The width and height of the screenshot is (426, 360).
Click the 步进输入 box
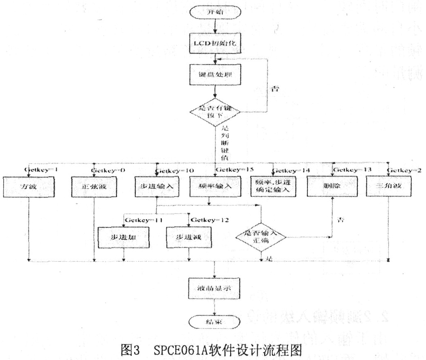pyautogui.click(x=157, y=187)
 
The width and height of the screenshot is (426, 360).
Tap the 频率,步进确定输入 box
pyautogui.click(x=273, y=188)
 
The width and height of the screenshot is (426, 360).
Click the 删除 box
pyautogui.click(x=331, y=187)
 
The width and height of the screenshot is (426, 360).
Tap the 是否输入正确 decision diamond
pyautogui.click(x=261, y=237)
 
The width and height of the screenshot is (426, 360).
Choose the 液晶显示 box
pyautogui.click(x=214, y=288)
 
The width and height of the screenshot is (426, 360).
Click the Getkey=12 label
pyautogui.click(x=209, y=220)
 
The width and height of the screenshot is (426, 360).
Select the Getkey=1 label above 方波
pyautogui.click(x=42, y=170)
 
